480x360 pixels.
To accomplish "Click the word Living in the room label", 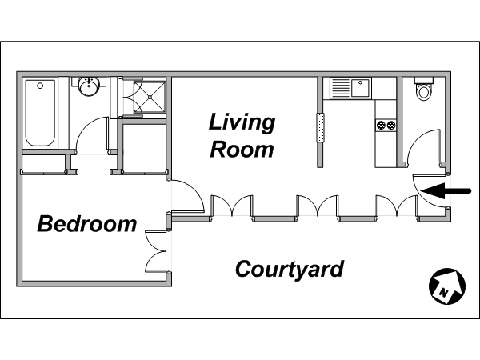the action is [242, 123].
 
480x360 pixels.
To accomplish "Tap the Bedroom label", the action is [87, 224].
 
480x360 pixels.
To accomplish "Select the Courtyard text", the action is [290, 270].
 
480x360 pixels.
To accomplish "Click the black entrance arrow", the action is [446, 191].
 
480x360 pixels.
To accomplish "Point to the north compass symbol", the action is [447, 286].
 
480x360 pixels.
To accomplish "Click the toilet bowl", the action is [424, 91].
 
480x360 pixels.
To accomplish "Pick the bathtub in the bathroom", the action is [40, 113].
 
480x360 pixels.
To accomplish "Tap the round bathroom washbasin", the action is [89, 86].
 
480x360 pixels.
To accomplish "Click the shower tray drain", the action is [150, 97].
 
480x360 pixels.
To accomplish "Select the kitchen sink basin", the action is [361, 88].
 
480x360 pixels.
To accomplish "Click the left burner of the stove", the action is [381, 125].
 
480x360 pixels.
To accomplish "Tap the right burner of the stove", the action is [391, 125].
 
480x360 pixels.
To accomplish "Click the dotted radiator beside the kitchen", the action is [320, 127].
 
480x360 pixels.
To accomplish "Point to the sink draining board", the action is [341, 88].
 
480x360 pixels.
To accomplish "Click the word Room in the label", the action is [242, 150].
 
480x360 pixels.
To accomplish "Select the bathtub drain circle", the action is [40, 86].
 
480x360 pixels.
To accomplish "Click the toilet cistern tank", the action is [424, 80].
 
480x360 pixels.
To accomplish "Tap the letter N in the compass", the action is [443, 292].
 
